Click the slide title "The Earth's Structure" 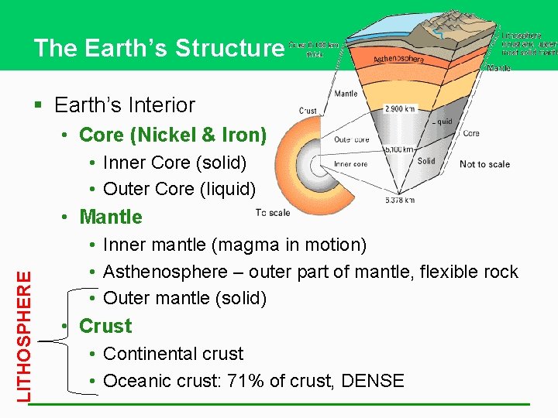click(159, 48)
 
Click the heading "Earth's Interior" click(146, 104)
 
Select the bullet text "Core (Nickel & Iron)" click(173, 135)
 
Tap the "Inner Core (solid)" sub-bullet click(174, 163)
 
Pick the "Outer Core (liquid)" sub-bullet click(179, 189)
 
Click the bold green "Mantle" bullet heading click(111, 217)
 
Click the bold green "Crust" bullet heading click(105, 326)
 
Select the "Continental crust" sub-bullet click(173, 354)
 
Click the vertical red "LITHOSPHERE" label click(26, 335)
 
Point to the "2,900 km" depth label click(400, 108)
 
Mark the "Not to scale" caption click(484, 164)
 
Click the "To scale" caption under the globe click(272, 212)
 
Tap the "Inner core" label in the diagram click(350, 164)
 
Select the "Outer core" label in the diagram click(351, 140)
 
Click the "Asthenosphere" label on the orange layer click(398, 59)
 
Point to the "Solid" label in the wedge click(426, 161)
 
